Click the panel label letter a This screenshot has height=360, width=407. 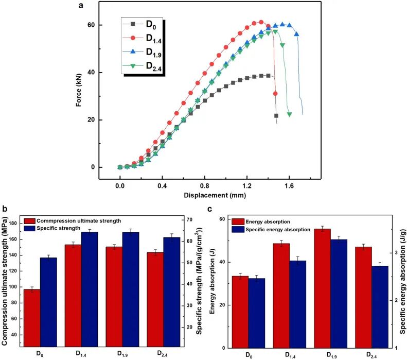[x=80, y=6]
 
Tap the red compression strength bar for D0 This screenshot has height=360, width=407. [x=32, y=319]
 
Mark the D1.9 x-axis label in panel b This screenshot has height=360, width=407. [x=122, y=355]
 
